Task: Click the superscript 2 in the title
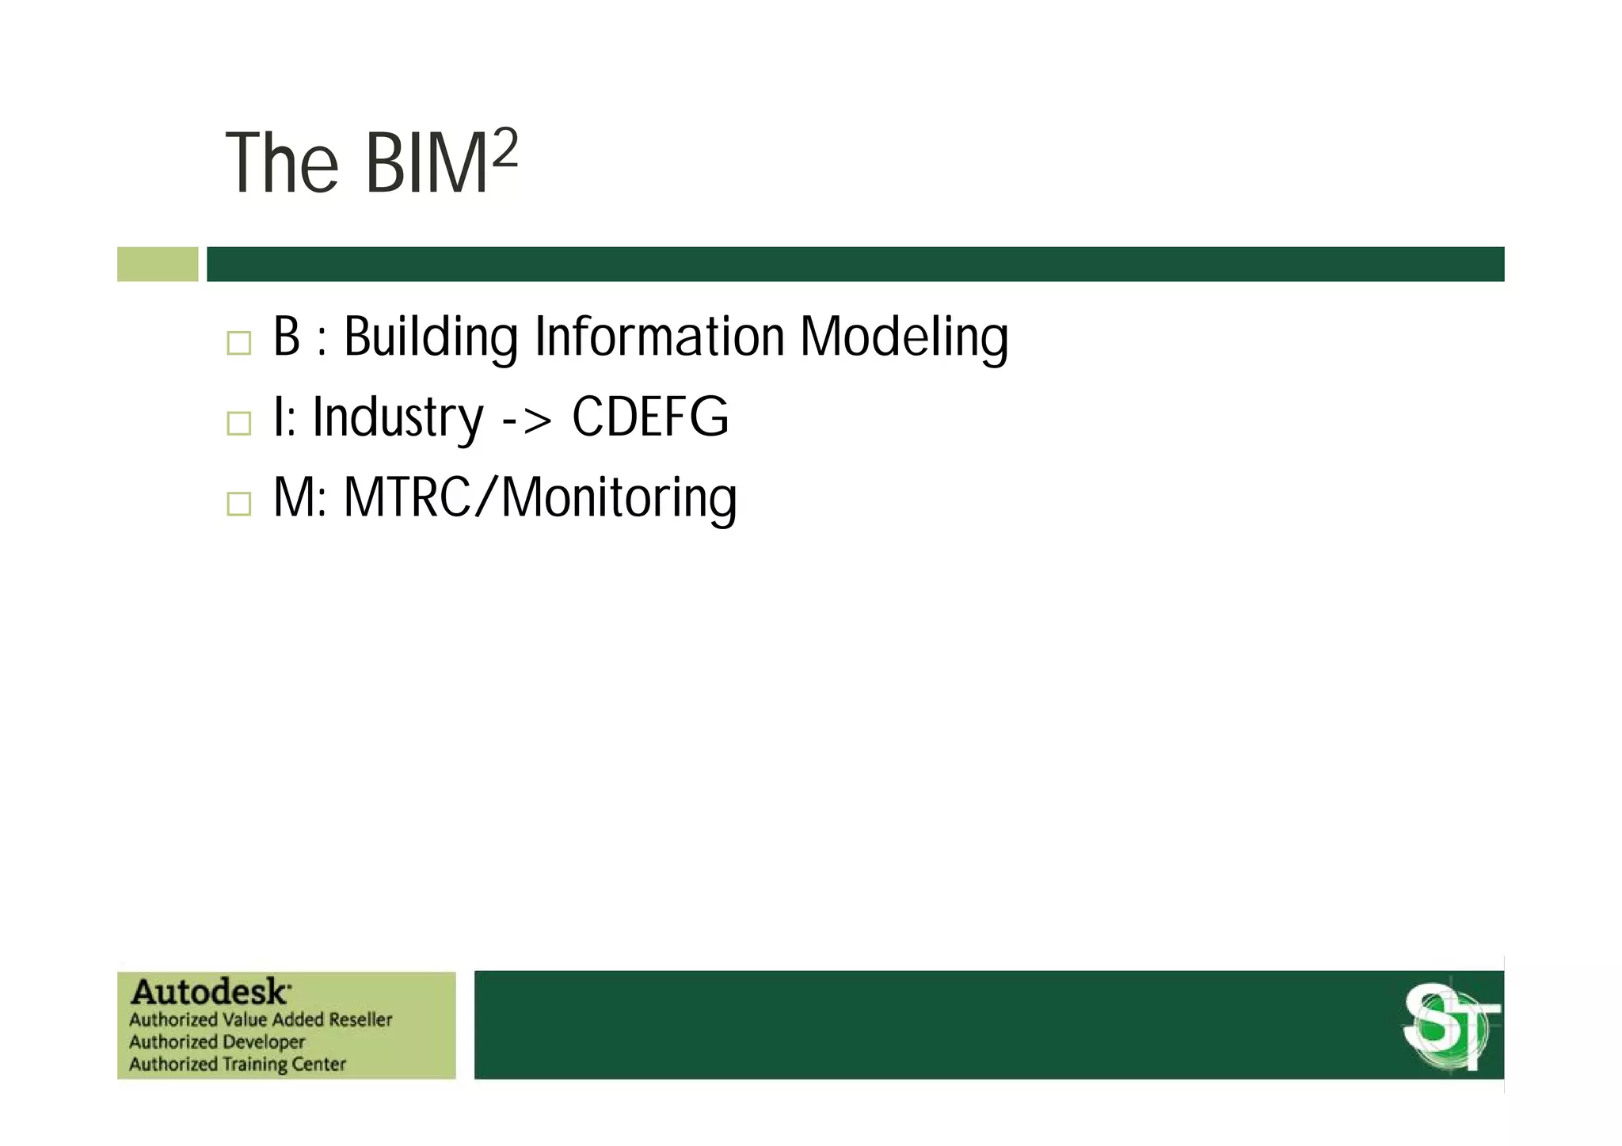504,148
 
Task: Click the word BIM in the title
426,164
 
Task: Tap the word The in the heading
282,164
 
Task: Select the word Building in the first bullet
430,337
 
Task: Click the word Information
659,337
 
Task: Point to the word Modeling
904,337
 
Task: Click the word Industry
397,417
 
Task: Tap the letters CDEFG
649,417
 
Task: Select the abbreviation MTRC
407,498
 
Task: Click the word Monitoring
619,498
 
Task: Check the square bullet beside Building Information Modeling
238,343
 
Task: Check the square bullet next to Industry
238,423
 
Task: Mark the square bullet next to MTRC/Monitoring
238,504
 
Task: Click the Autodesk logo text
211,992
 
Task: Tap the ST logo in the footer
1451,1026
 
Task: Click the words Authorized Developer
216,1041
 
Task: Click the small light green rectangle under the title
158,264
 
